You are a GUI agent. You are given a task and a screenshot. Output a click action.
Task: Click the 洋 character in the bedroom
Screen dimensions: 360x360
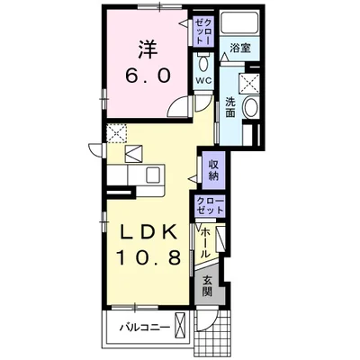[x=148, y=50]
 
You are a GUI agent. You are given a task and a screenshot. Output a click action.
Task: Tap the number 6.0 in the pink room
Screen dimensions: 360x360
[x=148, y=76]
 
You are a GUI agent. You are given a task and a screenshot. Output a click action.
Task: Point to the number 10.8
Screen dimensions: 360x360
[x=148, y=258]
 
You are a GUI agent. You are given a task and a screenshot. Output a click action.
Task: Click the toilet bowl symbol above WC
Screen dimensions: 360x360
[x=203, y=62]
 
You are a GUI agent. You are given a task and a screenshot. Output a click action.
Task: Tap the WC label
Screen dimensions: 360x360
[x=203, y=80]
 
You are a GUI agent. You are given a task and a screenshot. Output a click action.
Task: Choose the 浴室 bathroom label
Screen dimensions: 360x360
[x=240, y=48]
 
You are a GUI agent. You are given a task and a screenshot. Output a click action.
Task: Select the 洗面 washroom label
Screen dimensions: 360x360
[x=230, y=107]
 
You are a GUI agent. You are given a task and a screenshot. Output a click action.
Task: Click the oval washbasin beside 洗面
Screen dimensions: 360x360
[x=250, y=108]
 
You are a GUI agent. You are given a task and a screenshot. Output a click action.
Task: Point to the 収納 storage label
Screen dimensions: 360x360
[x=213, y=170]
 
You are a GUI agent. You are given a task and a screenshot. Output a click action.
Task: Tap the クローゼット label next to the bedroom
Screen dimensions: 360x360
[x=203, y=31]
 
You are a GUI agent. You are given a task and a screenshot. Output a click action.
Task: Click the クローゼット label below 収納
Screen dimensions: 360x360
[x=211, y=205]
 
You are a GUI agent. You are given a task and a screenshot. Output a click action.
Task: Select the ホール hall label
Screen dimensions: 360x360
[x=205, y=243]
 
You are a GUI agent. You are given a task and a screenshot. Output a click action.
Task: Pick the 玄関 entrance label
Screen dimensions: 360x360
[x=207, y=285]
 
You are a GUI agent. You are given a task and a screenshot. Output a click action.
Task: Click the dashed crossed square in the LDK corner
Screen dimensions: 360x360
[x=117, y=133]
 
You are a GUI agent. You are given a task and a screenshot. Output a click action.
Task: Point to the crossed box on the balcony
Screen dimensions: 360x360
[x=180, y=324]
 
